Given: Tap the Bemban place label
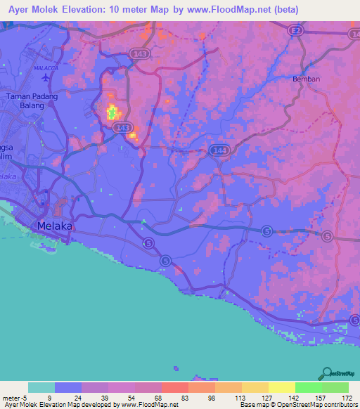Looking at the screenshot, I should pyautogui.click(x=306, y=79).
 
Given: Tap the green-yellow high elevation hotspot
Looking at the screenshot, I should pyautogui.click(x=111, y=111).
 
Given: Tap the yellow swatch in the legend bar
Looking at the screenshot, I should pyautogui.click(x=282, y=387).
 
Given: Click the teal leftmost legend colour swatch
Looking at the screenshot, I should pyautogui.click(x=41, y=387).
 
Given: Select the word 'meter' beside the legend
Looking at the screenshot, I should pyautogui.click(x=11, y=396).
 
